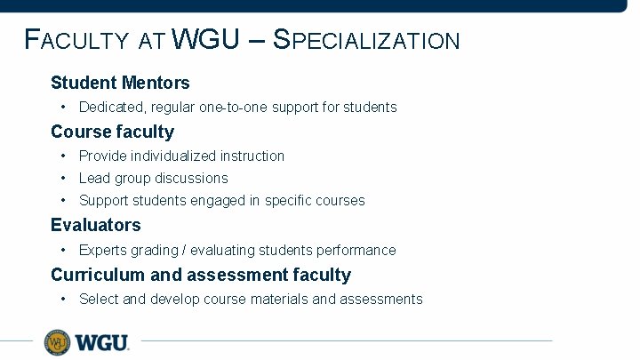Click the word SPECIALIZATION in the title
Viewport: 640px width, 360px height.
[x=366, y=40]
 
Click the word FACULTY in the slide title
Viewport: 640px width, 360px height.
[x=77, y=40]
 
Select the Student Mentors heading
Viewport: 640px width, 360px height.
[x=120, y=83]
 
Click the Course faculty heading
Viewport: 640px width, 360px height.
[x=112, y=132]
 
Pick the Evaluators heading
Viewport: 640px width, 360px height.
[x=95, y=225]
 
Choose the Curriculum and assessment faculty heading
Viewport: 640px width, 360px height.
[x=200, y=275]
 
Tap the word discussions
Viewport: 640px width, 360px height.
[x=191, y=178]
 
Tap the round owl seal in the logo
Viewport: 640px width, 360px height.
[x=58, y=341]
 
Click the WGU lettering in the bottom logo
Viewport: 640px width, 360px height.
[x=101, y=342]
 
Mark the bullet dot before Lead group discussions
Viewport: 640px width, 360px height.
[x=64, y=178]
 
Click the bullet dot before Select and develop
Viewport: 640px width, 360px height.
[x=64, y=299]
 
